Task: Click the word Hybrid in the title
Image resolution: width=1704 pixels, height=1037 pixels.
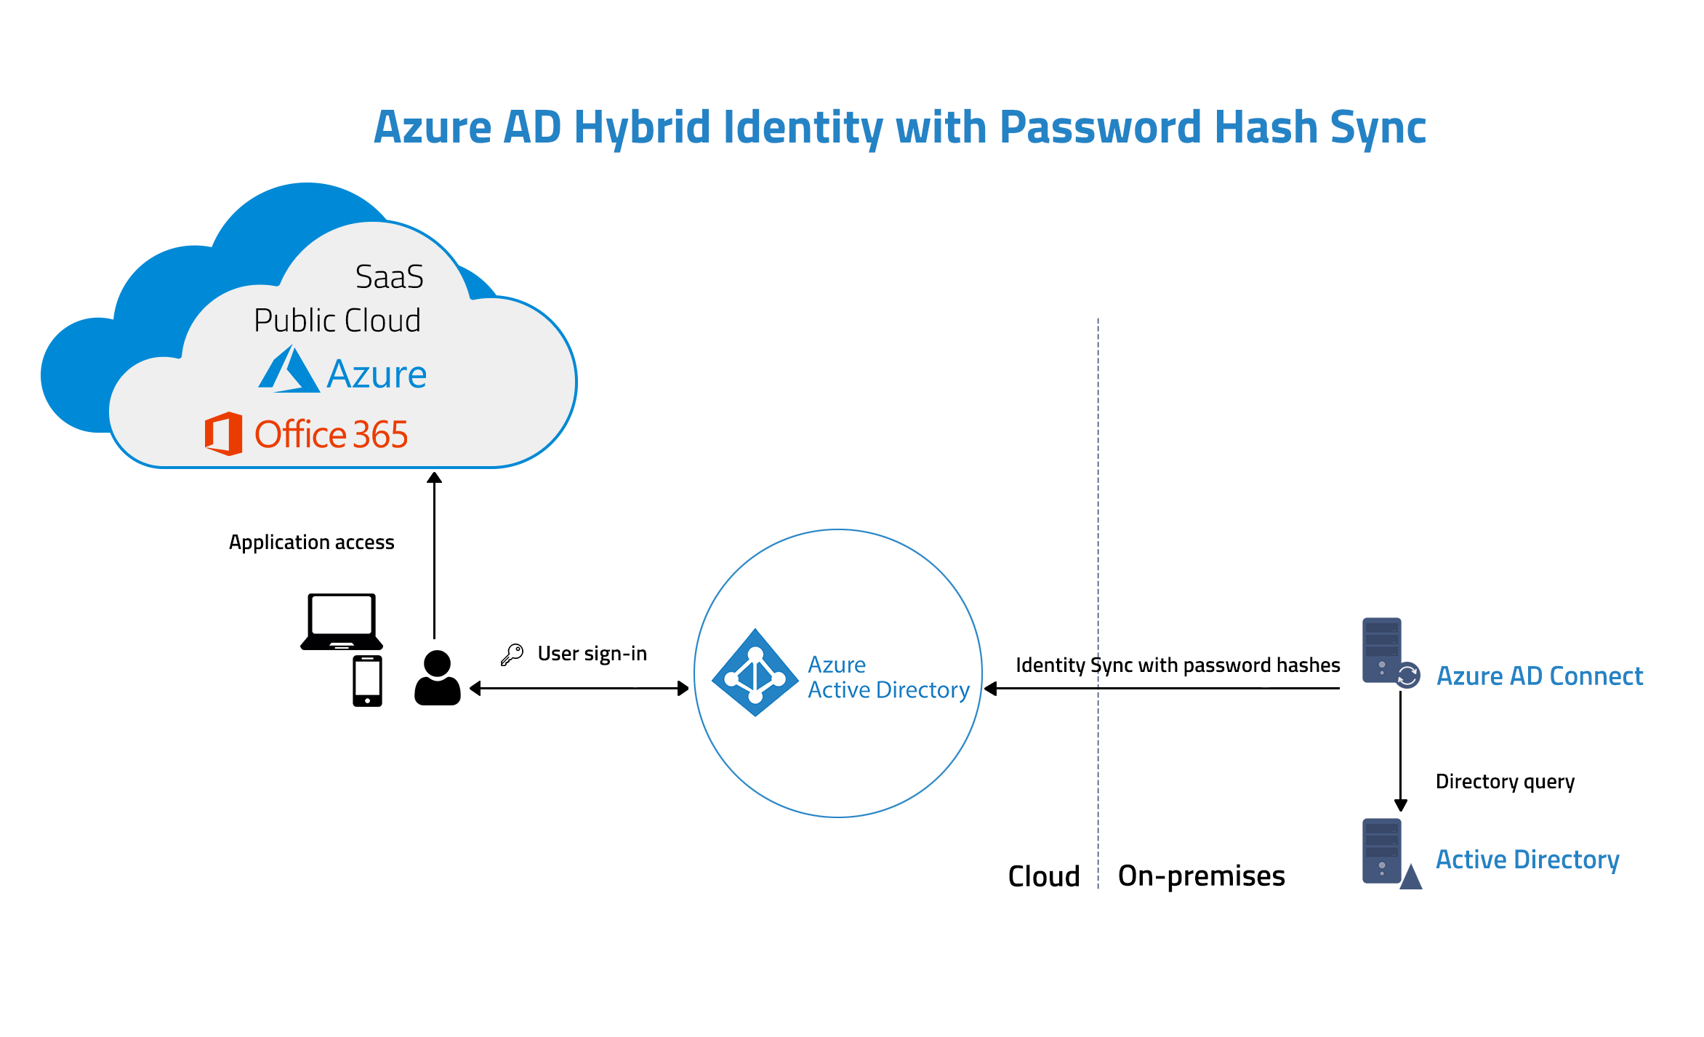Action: click(x=642, y=128)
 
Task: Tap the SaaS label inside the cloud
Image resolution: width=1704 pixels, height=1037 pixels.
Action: click(x=389, y=277)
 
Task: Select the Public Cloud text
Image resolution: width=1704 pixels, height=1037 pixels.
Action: click(x=337, y=320)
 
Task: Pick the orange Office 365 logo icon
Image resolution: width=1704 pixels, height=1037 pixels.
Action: click(x=223, y=433)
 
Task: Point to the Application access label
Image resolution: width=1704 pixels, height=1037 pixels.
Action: click(x=311, y=542)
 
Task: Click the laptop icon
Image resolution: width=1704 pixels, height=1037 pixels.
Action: click(x=342, y=622)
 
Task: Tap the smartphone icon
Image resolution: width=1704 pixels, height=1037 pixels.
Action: click(x=367, y=681)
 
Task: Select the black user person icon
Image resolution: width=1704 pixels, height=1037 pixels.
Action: click(x=438, y=678)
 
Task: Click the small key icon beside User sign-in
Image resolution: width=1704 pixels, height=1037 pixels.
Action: click(x=513, y=654)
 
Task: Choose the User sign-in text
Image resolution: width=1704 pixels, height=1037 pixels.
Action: click(x=592, y=654)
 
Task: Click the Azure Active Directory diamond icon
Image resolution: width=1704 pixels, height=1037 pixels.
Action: click(x=755, y=673)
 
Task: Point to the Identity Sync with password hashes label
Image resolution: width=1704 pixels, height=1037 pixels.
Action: click(x=1178, y=665)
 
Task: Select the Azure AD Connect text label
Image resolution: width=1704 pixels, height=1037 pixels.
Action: click(x=1540, y=676)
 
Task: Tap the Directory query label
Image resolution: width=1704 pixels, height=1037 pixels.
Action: click(x=1505, y=782)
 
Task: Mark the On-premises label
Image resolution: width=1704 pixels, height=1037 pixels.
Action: click(x=1201, y=876)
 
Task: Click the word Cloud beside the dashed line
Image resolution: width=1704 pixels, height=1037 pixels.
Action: click(x=1044, y=876)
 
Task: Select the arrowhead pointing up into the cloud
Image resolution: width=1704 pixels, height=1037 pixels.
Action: click(x=434, y=477)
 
